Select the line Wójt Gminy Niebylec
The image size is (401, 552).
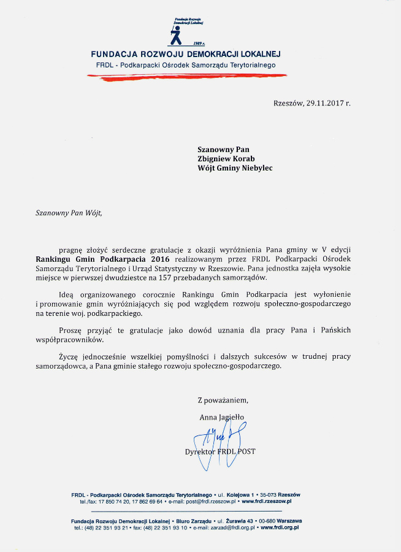(235, 168)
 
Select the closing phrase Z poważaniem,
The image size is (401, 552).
(223, 401)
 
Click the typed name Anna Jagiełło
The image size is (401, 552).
(221, 417)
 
